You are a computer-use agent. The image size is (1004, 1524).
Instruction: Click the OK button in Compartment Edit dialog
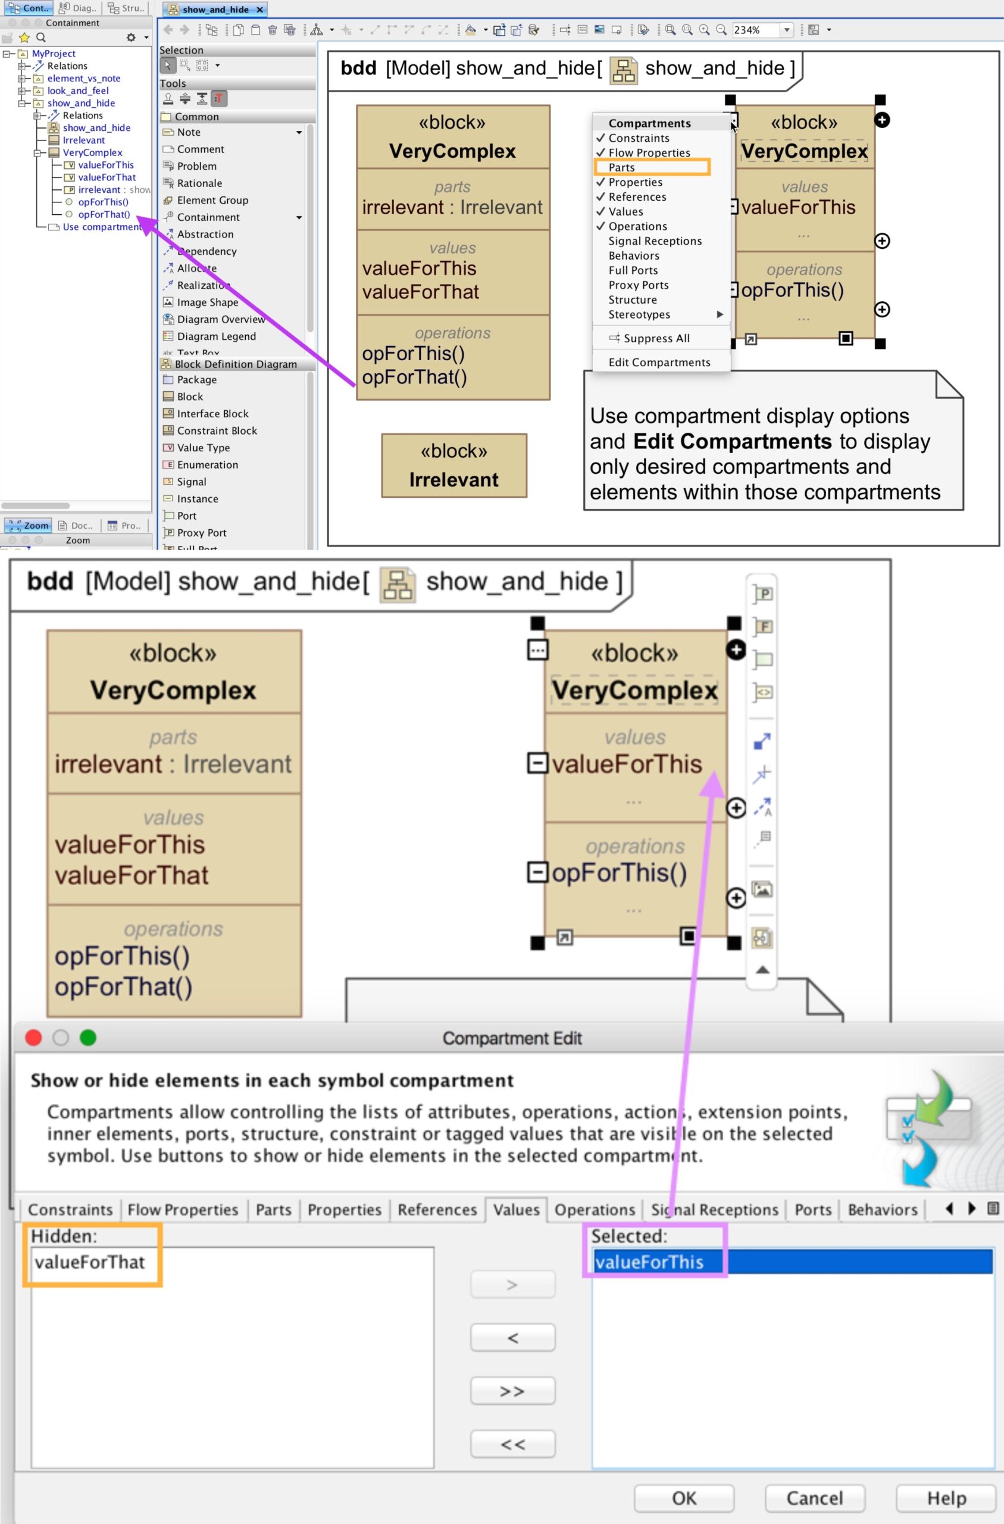pyautogui.click(x=683, y=1498)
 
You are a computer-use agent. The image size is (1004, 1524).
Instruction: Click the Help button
pyautogui.click(x=945, y=1498)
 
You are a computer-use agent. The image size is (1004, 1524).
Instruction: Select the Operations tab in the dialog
pyautogui.click(x=594, y=1210)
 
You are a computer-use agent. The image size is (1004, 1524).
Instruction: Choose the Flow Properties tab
pyautogui.click(x=183, y=1210)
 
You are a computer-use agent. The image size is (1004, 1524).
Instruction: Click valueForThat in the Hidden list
pyautogui.click(x=90, y=1262)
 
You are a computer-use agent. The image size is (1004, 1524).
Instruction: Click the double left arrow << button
pyautogui.click(x=512, y=1444)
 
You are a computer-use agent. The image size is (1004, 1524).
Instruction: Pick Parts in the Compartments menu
pyautogui.click(x=621, y=168)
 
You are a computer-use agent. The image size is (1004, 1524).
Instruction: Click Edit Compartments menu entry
pyautogui.click(x=659, y=363)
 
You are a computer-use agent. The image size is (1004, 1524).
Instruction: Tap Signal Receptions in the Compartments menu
pyautogui.click(x=655, y=241)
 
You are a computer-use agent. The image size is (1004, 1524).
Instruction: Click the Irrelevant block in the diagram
pyautogui.click(x=454, y=466)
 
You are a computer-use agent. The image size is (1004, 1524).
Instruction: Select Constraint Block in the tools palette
pyautogui.click(x=217, y=431)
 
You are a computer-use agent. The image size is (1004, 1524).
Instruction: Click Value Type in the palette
pyautogui.click(x=203, y=448)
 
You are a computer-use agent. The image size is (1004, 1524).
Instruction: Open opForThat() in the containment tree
pyautogui.click(x=104, y=214)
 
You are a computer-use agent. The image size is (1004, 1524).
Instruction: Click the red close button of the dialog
pyautogui.click(x=33, y=1038)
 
